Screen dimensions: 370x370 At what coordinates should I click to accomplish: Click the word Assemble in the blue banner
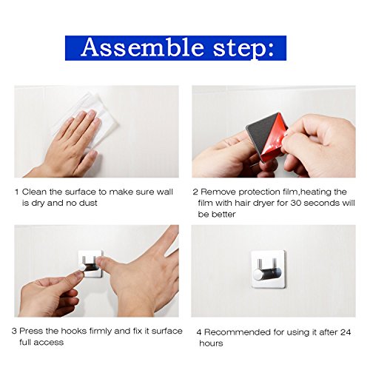click(143, 47)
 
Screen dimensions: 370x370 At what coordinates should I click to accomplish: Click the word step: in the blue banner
click(244, 48)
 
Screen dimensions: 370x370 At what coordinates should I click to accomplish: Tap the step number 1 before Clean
click(17, 192)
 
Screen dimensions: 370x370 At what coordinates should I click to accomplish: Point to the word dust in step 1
click(88, 203)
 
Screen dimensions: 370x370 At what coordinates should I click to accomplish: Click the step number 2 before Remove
click(195, 192)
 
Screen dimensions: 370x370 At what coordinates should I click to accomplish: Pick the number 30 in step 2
click(295, 203)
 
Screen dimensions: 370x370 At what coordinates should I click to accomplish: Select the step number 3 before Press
click(14, 331)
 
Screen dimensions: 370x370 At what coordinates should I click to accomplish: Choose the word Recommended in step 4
click(238, 332)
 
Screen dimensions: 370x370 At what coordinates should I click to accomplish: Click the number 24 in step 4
click(346, 332)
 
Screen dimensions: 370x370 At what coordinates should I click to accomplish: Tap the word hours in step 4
click(211, 343)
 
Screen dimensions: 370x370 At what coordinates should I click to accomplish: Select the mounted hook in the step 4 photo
click(269, 269)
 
